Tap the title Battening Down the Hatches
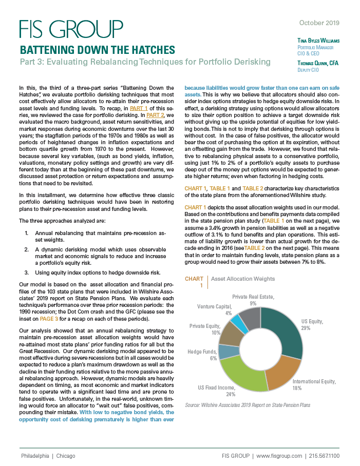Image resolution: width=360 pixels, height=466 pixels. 97,50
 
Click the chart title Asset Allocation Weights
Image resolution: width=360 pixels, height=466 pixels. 243,279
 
